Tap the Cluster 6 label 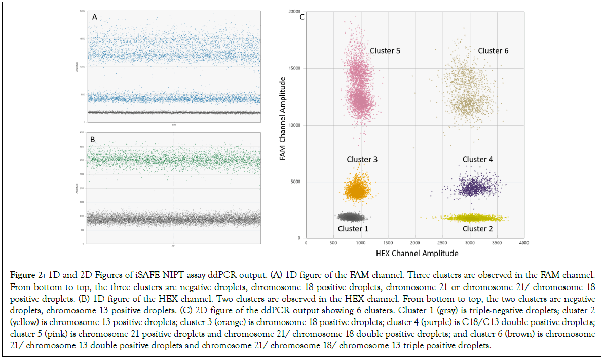(493, 51)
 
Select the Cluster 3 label (362, 159)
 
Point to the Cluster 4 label (477, 159)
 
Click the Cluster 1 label (353, 229)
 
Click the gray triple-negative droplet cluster (353, 217)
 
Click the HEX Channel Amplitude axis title (418, 253)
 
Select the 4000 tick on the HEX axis (524, 243)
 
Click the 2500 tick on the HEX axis (442, 243)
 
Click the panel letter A (94, 17)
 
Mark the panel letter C (302, 17)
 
